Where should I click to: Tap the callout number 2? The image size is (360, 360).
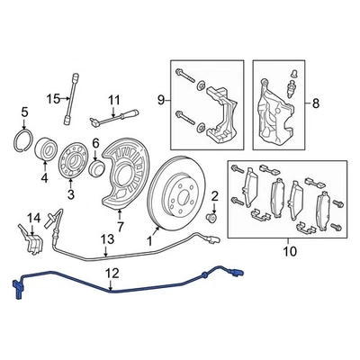tap(214, 196)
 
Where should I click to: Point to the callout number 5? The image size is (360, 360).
tap(24, 112)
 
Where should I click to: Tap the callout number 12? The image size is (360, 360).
tap(112, 270)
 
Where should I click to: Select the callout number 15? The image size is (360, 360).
tap(53, 98)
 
